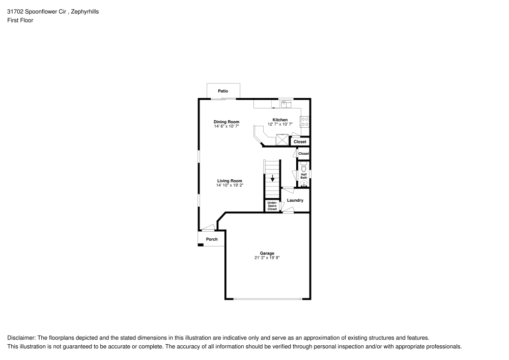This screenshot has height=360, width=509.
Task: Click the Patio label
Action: [x=223, y=91]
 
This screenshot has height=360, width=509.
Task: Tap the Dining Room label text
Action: [x=226, y=122]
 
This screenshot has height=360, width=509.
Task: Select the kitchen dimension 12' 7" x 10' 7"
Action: [x=280, y=124]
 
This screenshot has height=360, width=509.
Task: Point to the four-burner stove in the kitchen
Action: [x=305, y=122]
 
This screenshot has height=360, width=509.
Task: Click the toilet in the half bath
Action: [x=304, y=167]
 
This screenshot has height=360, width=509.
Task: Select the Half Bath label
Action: [x=303, y=176]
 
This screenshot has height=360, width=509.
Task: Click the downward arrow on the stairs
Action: [x=273, y=179]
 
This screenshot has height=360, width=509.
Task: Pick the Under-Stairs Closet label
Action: [x=272, y=206]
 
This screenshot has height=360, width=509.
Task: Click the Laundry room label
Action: [x=295, y=200]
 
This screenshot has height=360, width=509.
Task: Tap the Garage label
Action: [x=267, y=253]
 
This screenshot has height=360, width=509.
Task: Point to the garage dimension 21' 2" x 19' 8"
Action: [x=267, y=258]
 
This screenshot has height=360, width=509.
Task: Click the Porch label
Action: [x=212, y=239]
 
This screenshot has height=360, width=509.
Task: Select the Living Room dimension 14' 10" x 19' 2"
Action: [x=230, y=185]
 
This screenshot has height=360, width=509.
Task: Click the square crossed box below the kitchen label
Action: [x=282, y=140]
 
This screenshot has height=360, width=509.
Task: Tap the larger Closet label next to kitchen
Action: [x=300, y=142]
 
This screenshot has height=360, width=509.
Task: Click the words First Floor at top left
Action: [x=20, y=20]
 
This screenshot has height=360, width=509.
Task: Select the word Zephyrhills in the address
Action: [x=85, y=11]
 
